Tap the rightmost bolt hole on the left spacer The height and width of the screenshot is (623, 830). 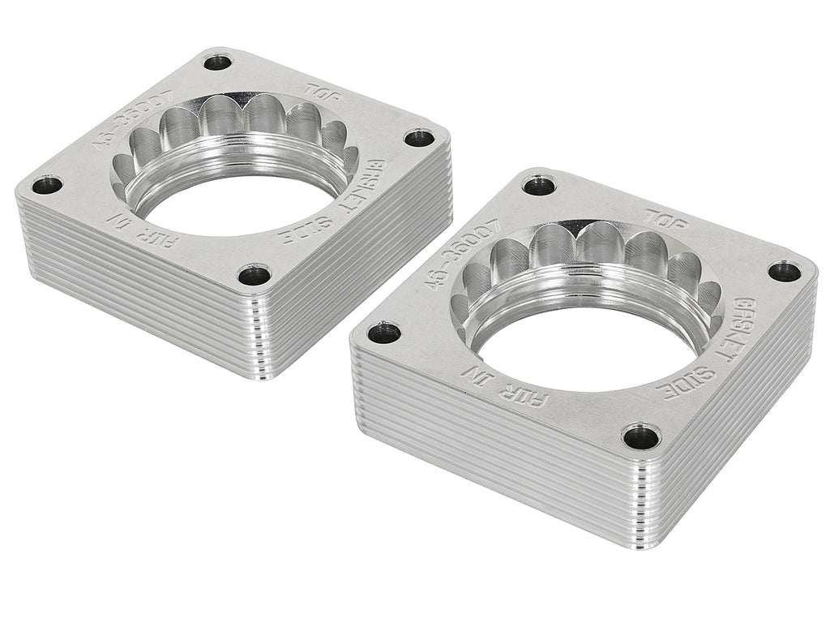(x=418, y=137)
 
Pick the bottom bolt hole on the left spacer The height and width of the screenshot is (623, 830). (x=255, y=274)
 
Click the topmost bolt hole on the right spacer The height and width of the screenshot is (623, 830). (x=539, y=186)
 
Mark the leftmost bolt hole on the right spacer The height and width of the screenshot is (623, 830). (x=383, y=333)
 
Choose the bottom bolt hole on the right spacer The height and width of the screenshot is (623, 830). (x=641, y=436)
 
